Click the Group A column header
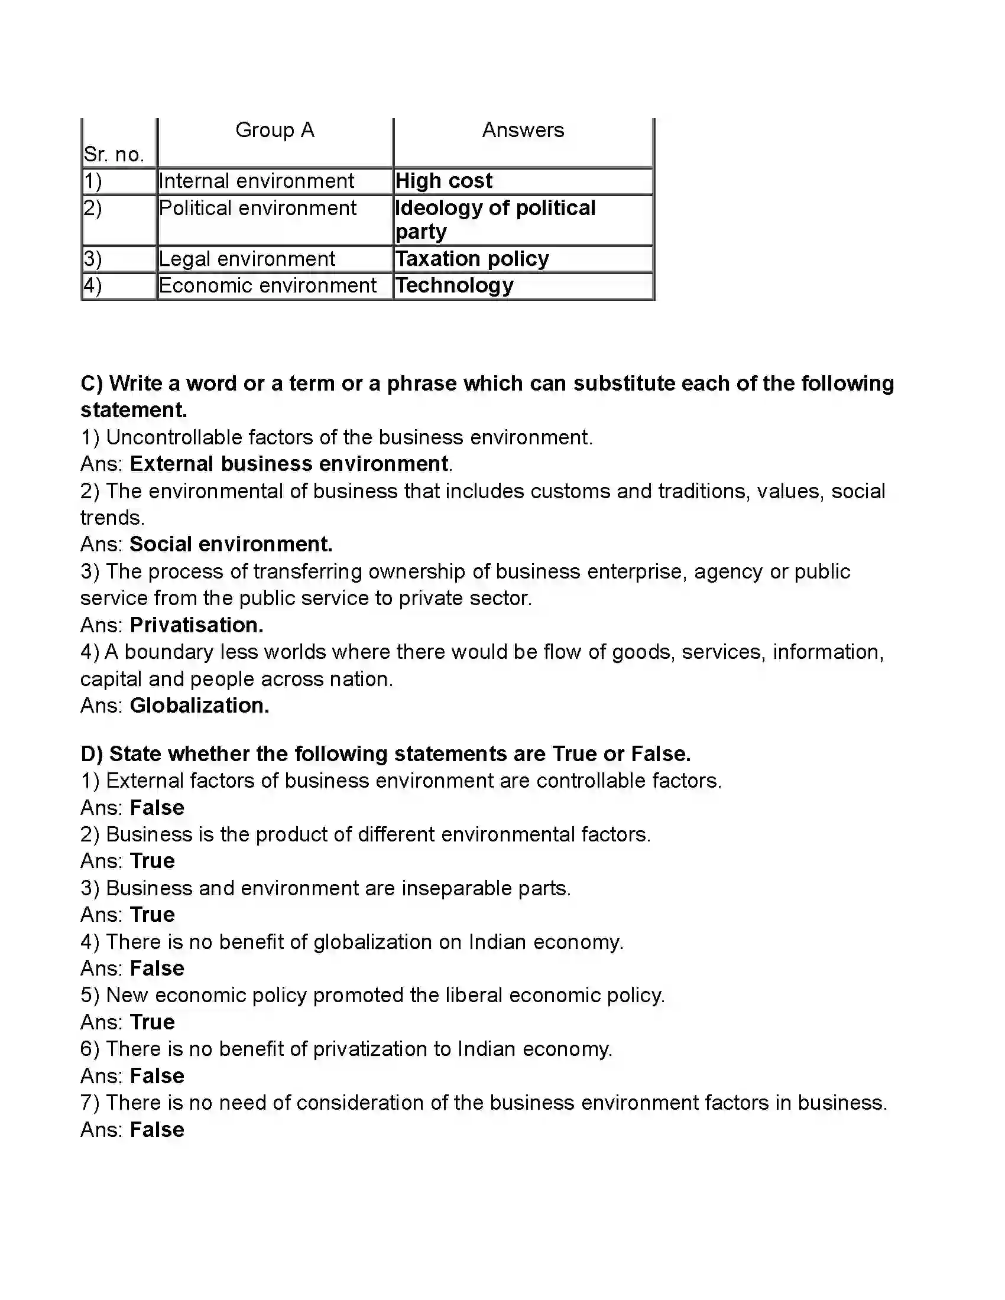tap(274, 130)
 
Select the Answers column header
tap(523, 130)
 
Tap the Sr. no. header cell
tap(114, 154)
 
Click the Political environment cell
tap(257, 209)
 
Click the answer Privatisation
tap(196, 625)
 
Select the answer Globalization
tap(199, 706)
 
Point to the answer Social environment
tap(231, 544)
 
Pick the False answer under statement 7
tap(157, 1129)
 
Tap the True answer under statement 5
tap(153, 1022)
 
